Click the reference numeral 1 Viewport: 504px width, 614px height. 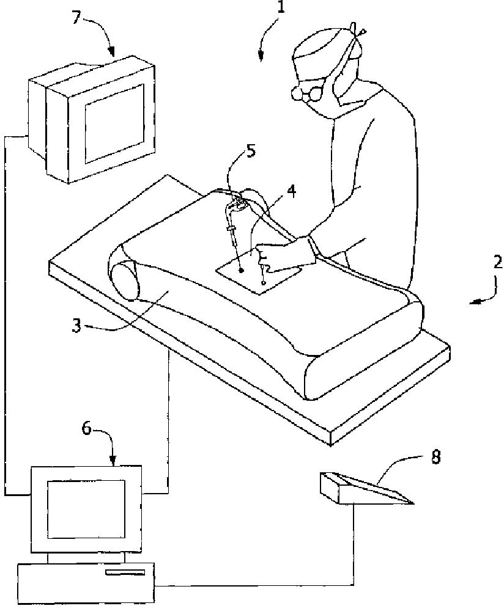[281, 10]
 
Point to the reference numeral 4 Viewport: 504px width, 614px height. [291, 191]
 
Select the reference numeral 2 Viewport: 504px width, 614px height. [497, 263]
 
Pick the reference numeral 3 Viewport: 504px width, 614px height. [76, 325]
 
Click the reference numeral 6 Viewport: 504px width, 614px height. [87, 429]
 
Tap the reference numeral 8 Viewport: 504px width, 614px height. [435, 456]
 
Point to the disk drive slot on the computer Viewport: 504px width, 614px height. [125, 572]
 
